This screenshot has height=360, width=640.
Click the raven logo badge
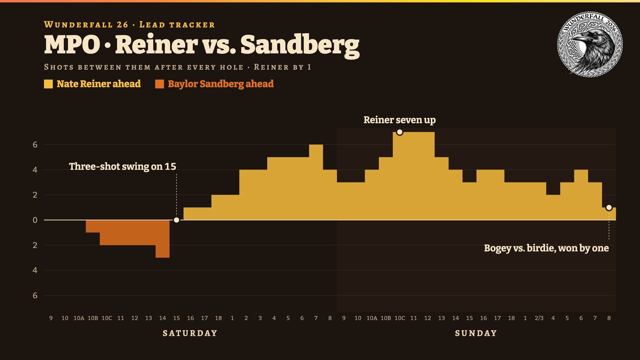coord(590,44)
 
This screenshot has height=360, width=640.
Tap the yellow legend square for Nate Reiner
coord(48,84)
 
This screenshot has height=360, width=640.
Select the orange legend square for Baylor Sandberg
coord(160,84)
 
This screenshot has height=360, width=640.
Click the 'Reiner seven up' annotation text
coord(400,120)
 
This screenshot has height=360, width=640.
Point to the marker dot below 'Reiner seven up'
coord(400,132)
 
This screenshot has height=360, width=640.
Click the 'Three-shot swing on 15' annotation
coord(122,166)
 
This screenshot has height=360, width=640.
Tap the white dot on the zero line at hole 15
coord(176,220)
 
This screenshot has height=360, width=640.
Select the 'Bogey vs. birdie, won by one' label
coord(546,248)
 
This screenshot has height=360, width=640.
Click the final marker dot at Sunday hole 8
coord(609,208)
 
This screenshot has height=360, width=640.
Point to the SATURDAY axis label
coord(190,333)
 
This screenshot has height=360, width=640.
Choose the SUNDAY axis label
coord(476,333)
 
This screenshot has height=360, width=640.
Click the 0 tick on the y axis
coord(35,220)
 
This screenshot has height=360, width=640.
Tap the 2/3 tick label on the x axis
coord(539,318)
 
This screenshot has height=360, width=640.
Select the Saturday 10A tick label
coord(79,318)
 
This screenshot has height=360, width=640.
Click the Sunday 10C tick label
coord(400,318)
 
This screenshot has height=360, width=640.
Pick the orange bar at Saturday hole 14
coord(162,239)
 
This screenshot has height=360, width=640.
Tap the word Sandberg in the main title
coord(300,45)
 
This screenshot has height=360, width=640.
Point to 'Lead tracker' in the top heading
coord(177,25)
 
